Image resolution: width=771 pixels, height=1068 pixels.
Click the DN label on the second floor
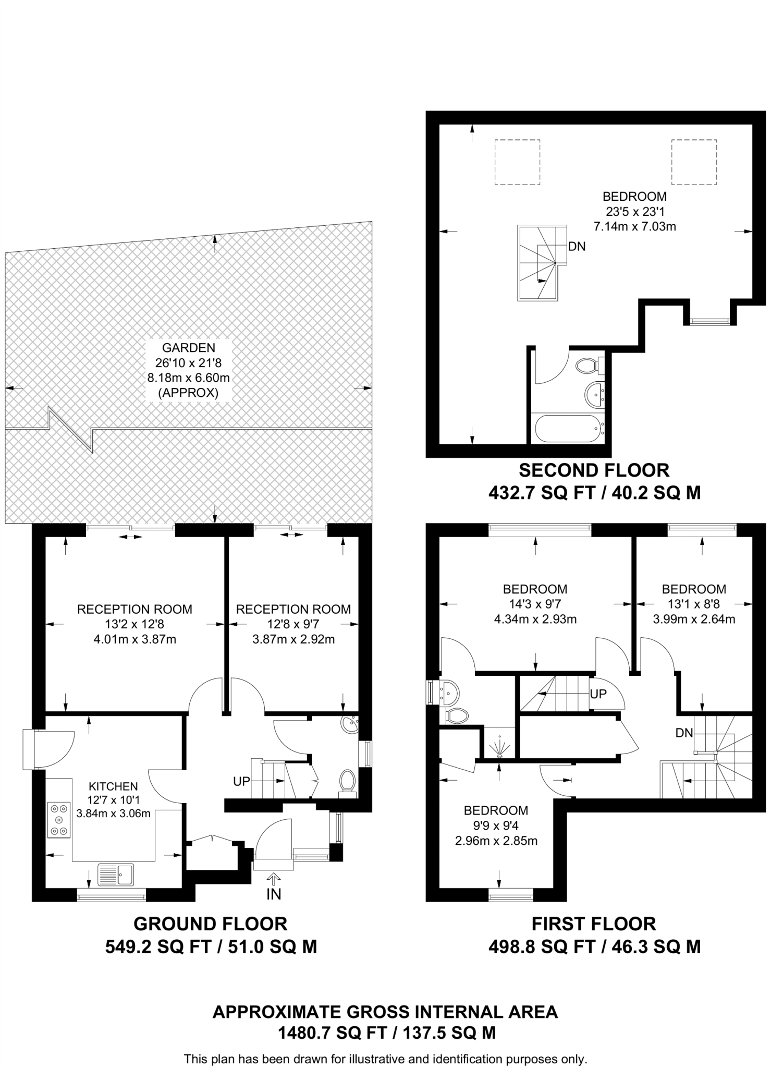(577, 246)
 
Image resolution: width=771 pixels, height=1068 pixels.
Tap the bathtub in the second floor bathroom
(569, 428)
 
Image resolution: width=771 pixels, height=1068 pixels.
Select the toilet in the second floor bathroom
(589, 366)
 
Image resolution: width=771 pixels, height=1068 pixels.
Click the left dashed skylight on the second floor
(517, 162)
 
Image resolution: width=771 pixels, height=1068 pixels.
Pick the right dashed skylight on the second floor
(693, 162)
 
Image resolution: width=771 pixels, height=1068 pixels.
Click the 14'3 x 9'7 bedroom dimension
(535, 604)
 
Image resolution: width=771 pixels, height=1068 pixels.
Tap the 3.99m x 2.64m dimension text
(694, 619)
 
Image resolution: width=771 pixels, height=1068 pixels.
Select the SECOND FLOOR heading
(594, 470)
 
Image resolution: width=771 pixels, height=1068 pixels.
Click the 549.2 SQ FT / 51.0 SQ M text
(211, 946)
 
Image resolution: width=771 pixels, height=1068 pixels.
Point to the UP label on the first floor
(598, 694)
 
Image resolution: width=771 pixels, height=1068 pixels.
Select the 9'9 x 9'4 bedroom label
(495, 826)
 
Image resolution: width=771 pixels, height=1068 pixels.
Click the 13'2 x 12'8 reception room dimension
(134, 624)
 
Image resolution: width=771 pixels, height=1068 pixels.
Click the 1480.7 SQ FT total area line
(386, 1033)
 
